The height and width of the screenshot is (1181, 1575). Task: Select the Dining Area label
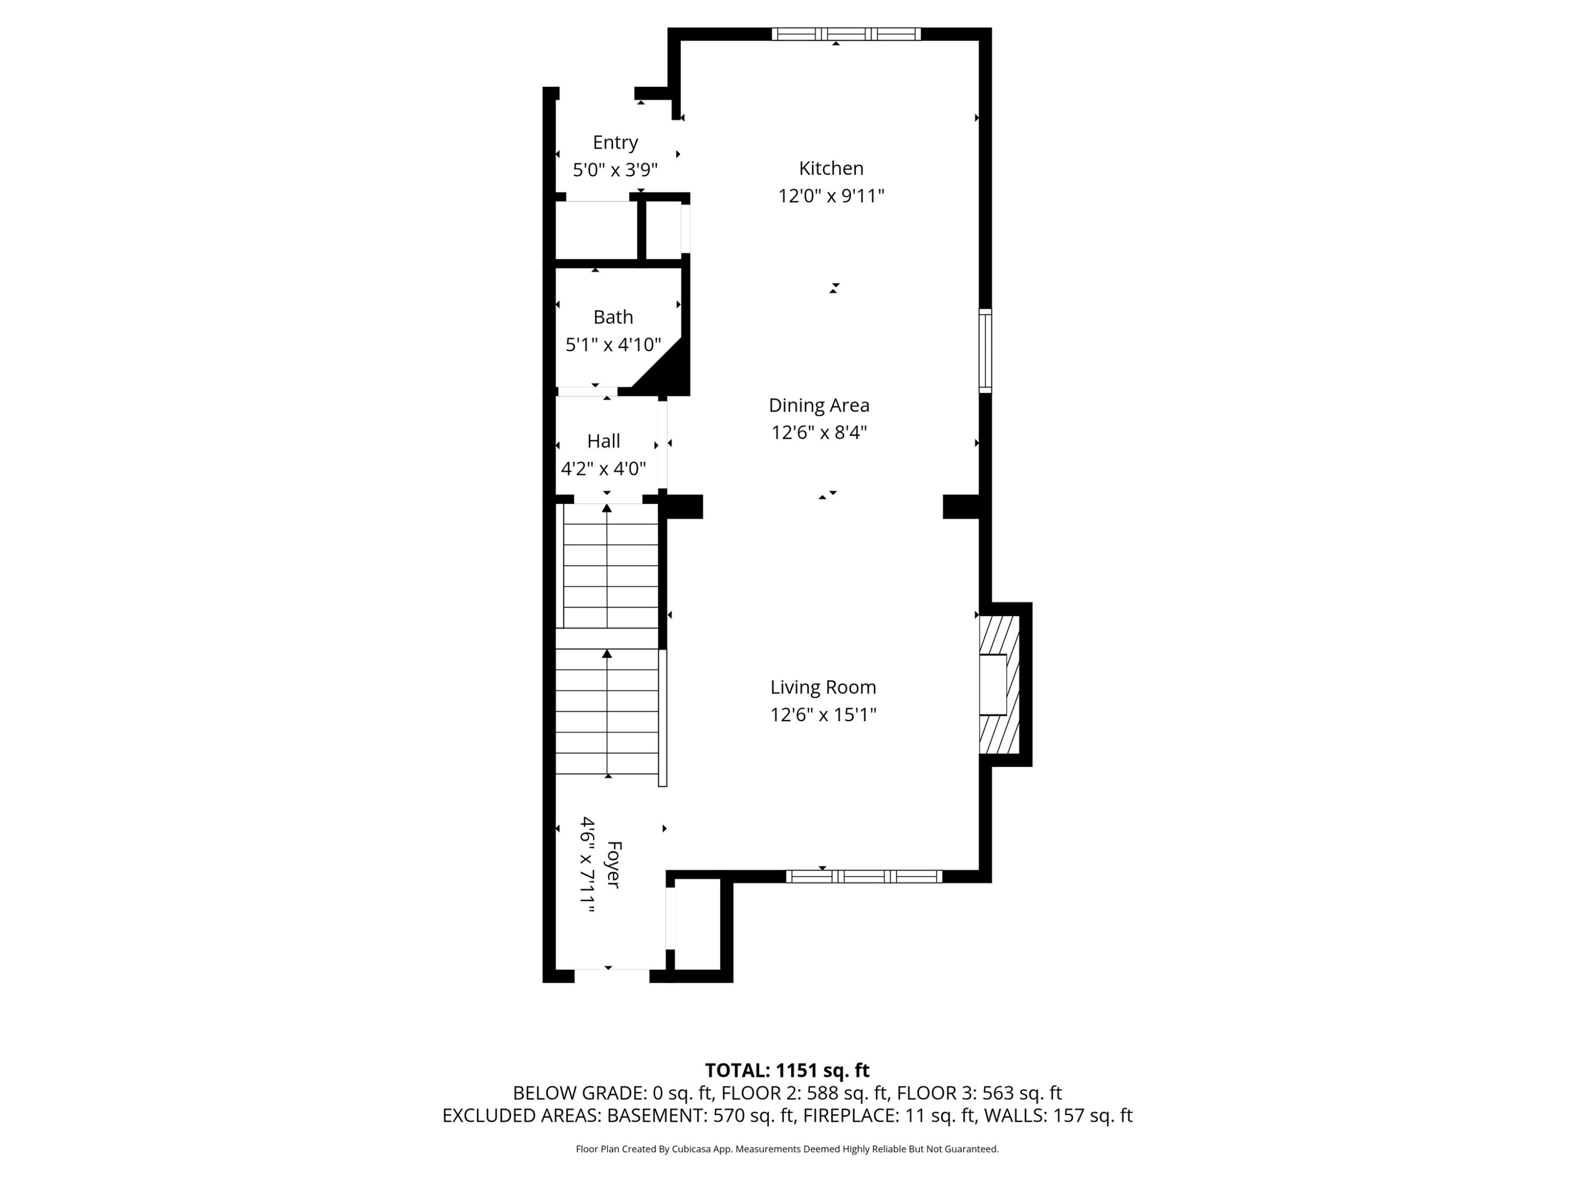[x=819, y=405]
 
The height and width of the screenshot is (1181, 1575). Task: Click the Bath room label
[x=613, y=317]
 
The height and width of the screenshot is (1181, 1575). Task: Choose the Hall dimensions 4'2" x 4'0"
[x=603, y=468]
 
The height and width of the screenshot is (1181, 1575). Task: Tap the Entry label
[x=615, y=142]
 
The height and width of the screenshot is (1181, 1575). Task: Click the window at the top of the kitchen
[x=846, y=34]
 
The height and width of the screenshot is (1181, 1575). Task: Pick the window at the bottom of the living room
[x=864, y=877]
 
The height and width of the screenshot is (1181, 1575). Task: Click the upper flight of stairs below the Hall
[x=610, y=566]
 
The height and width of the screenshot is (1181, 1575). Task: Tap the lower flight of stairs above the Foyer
[x=607, y=712]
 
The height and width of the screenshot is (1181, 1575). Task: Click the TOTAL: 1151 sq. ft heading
[x=787, y=1070]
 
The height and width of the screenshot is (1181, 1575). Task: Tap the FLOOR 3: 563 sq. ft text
[x=978, y=1093]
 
